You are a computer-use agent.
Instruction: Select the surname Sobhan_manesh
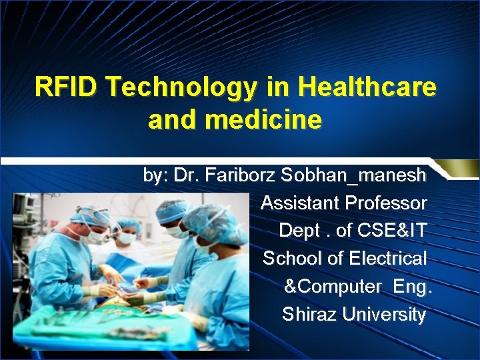point(353,175)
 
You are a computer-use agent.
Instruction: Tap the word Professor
point(389,203)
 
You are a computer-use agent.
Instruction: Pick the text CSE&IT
point(391,231)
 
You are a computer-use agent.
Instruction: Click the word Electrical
point(387,258)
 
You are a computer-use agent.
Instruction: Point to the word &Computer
point(333,286)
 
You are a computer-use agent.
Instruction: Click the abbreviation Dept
point(299,231)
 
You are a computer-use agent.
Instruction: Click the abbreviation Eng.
point(413,286)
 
